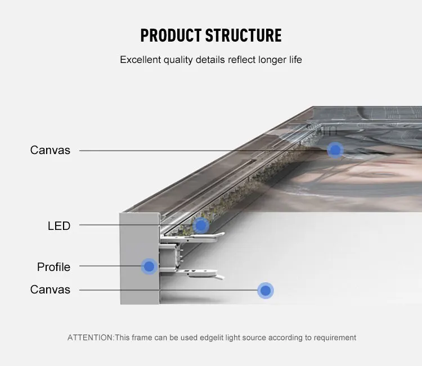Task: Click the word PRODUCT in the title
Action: [170, 35]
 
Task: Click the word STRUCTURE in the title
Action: [243, 35]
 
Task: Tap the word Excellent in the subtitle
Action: [140, 60]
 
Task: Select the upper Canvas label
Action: [50, 150]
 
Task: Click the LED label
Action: [59, 226]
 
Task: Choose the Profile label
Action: [53, 266]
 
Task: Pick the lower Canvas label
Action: [50, 290]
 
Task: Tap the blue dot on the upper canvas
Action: [335, 150]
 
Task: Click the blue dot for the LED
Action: [201, 226]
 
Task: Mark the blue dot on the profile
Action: [149, 266]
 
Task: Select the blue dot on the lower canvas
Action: [265, 290]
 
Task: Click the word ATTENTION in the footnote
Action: [90, 338]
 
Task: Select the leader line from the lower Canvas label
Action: [169, 290]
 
